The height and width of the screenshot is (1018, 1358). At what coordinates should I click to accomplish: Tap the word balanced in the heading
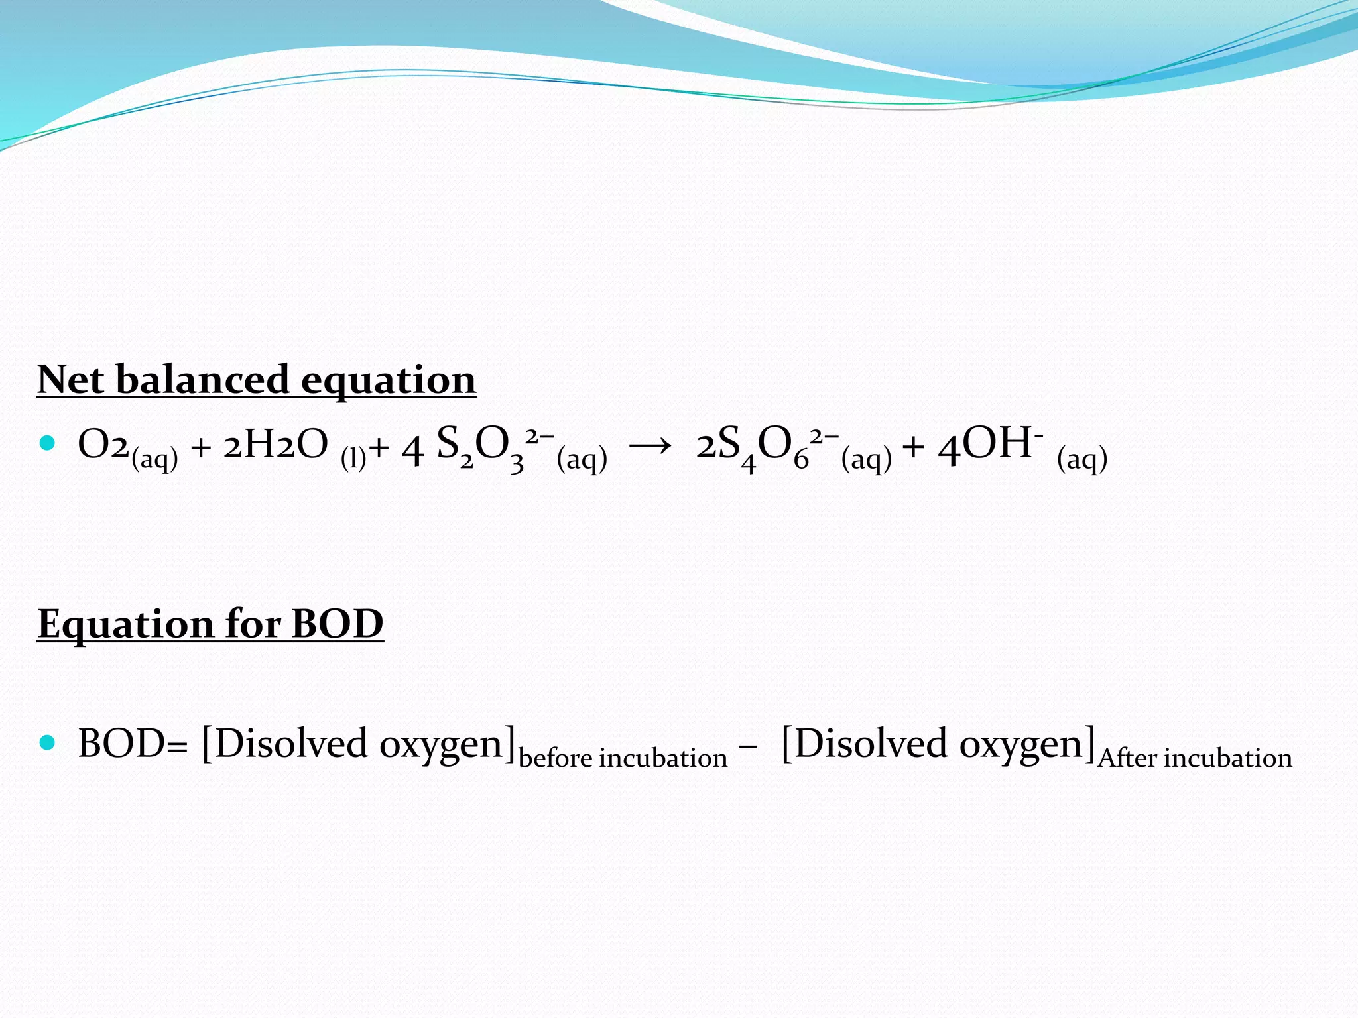point(202,380)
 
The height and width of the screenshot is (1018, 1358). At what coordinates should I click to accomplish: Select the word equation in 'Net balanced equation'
point(389,381)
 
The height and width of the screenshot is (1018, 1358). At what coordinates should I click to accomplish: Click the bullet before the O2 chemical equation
point(47,443)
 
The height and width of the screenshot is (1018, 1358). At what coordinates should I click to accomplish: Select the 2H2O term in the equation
point(275,445)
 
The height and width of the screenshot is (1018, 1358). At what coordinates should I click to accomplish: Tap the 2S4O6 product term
point(756,445)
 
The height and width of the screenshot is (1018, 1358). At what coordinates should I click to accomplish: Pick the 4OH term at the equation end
point(988,445)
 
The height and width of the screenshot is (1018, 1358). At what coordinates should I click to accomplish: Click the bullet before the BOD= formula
point(47,743)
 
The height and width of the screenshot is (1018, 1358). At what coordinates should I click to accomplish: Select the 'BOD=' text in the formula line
point(133,744)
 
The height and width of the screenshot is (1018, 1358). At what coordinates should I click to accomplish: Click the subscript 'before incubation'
point(623,758)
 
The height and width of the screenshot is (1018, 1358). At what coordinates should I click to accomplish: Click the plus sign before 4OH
point(913,447)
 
